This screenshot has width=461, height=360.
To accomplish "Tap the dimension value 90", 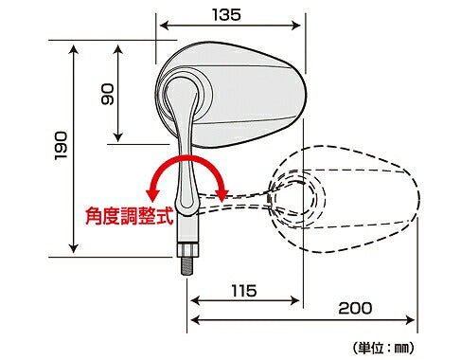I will [106, 94].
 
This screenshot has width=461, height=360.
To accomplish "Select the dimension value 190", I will [63, 146].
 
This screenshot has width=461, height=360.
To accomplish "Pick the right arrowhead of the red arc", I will [223, 192].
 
